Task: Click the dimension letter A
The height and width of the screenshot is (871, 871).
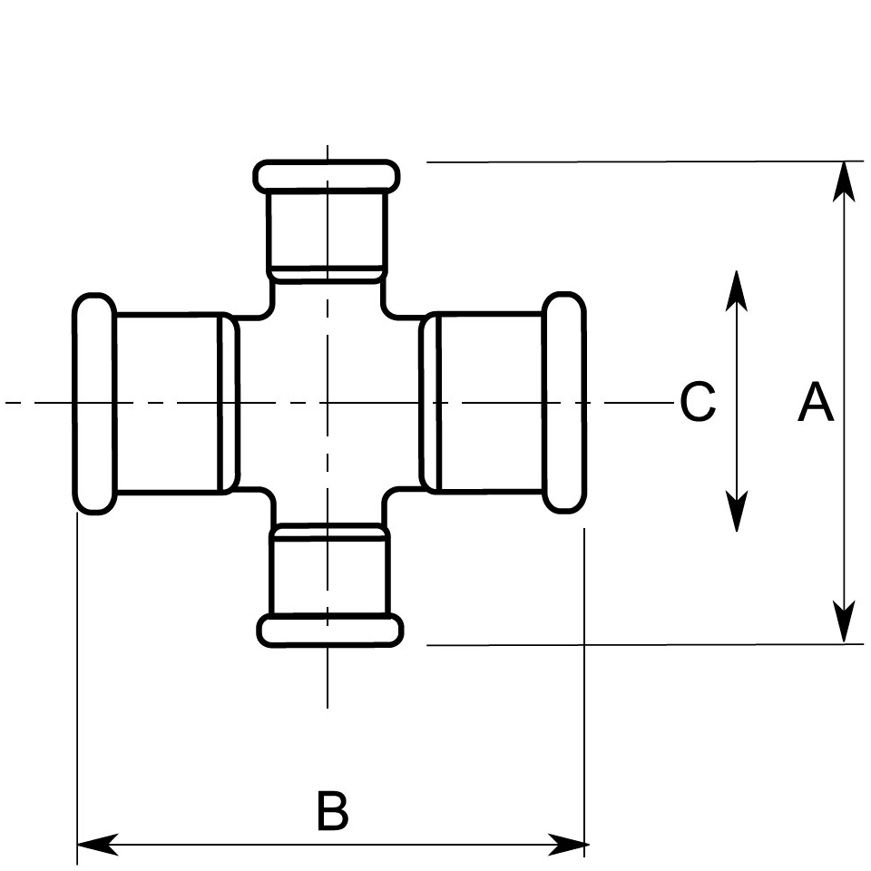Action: point(815,403)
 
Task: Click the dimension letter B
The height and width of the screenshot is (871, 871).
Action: point(332,811)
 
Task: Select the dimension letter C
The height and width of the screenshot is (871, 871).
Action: point(698,402)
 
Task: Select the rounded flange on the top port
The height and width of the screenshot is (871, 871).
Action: point(327,176)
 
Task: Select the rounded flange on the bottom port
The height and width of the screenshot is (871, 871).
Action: point(329,630)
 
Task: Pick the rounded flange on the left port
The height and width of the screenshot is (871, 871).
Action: point(93,404)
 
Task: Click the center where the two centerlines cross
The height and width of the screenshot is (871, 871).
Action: point(327,402)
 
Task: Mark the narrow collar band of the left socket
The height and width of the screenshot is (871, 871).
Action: point(230,403)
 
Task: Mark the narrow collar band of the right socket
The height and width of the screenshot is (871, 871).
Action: point(431,403)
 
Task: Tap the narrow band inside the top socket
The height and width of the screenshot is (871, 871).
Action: point(327,271)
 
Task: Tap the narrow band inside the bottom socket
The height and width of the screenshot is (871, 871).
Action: point(329,533)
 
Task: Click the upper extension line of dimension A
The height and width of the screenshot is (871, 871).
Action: point(635,161)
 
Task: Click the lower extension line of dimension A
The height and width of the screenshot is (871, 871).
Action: point(635,645)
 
